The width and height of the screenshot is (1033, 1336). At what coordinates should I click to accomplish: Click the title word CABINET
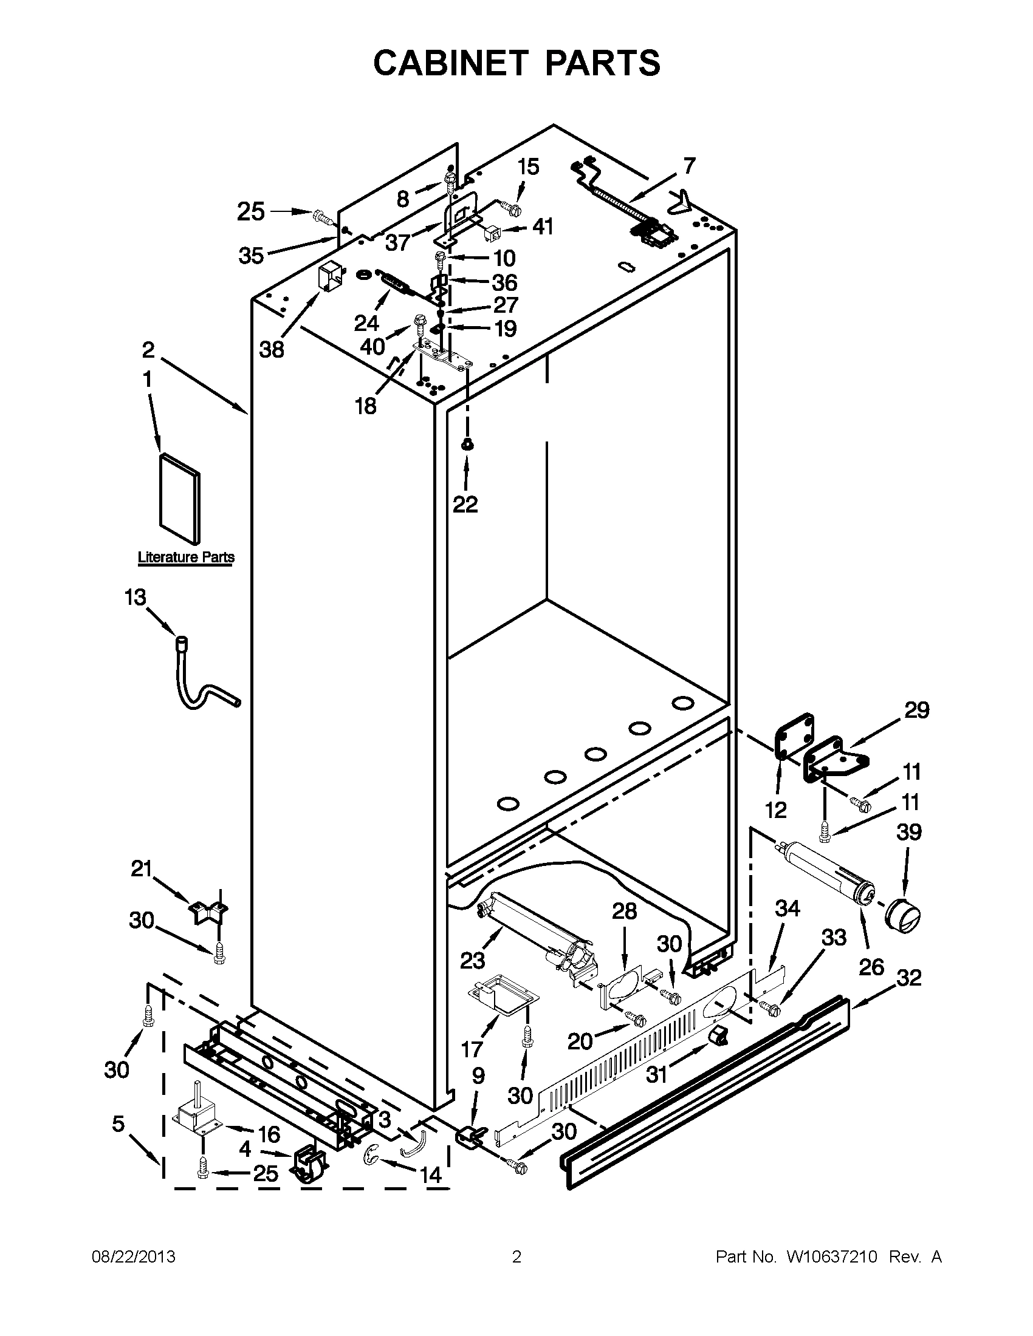(450, 63)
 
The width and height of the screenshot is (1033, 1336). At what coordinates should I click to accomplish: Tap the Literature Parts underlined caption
(186, 557)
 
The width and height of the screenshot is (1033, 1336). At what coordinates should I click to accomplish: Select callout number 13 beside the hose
(136, 597)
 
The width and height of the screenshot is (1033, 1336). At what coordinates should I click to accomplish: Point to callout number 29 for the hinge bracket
(916, 711)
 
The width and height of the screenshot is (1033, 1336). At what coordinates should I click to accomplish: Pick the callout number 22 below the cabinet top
(465, 505)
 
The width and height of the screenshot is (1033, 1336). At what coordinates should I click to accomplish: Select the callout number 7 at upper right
(689, 166)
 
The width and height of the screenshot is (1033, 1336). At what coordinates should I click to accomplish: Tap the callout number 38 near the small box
(272, 350)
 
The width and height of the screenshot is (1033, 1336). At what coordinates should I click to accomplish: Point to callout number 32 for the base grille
(908, 978)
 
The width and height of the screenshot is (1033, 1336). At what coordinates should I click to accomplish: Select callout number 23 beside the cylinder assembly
(472, 961)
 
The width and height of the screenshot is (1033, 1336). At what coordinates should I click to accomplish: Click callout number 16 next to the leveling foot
(269, 1134)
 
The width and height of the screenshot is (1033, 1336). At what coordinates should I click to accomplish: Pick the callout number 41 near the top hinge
(542, 227)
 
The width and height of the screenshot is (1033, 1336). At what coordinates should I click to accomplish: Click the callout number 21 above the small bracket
(142, 868)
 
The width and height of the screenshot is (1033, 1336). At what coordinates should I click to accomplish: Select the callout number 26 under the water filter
(871, 967)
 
